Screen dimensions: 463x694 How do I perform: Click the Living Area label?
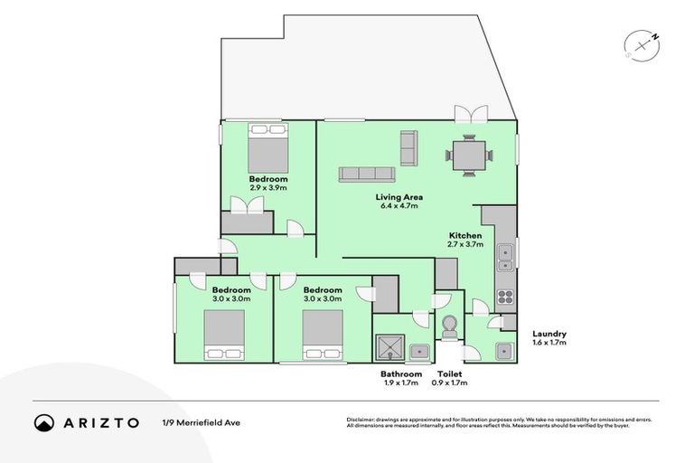point(399,196)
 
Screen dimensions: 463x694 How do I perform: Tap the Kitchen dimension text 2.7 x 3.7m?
point(465,244)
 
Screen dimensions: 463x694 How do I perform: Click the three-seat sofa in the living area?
point(368,173)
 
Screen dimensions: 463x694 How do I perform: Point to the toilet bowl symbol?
point(450,326)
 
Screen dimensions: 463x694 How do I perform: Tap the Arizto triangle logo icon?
point(44,422)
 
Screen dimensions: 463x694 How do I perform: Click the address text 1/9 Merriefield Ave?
point(201,422)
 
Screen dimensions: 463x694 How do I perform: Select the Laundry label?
point(549,334)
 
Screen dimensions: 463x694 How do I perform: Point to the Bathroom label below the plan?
point(400,373)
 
